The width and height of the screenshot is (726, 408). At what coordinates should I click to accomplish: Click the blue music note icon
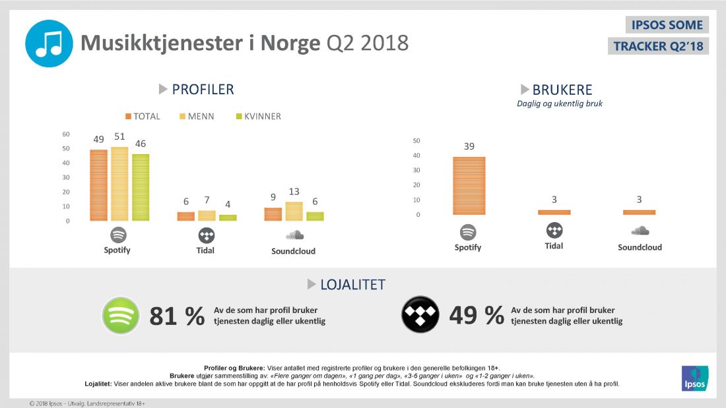point(49,44)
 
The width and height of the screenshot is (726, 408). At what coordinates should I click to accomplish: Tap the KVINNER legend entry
point(258,117)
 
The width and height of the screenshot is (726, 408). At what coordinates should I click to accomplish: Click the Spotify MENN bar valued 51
point(119,184)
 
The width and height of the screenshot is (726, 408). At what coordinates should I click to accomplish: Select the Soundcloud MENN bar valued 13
point(294,211)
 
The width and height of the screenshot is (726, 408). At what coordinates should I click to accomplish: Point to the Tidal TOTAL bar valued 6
point(185,216)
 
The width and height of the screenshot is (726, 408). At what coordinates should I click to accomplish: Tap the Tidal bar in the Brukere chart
point(554,212)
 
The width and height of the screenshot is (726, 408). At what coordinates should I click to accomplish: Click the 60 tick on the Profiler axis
point(66,134)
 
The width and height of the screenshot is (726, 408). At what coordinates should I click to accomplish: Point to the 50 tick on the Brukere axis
point(416,140)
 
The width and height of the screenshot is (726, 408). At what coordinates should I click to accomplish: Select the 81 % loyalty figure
point(177,316)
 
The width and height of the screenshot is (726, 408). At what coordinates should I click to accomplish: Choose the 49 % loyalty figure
point(477,316)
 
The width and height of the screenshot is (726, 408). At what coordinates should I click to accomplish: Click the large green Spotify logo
point(120,316)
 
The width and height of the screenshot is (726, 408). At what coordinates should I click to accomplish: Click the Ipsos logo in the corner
point(694,378)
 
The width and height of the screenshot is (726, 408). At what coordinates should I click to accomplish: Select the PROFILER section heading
point(203,90)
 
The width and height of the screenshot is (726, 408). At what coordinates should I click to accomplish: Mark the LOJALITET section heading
point(352,285)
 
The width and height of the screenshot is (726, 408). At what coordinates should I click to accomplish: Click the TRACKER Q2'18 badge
point(658,46)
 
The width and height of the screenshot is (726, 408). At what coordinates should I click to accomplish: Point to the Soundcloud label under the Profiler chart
point(293,251)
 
